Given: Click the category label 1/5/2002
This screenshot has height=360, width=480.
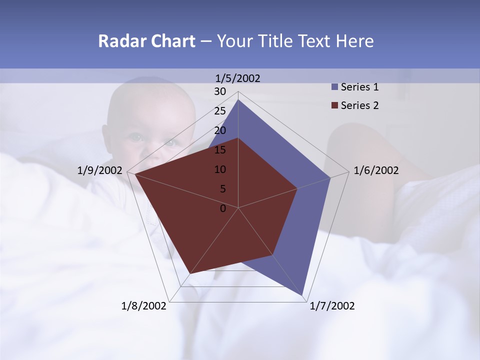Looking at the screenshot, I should click(237, 78).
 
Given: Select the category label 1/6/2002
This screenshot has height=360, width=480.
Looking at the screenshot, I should click(376, 170).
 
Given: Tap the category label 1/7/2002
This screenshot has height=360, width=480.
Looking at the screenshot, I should click(332, 306).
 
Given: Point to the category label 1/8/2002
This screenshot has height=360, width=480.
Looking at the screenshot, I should click(143, 306).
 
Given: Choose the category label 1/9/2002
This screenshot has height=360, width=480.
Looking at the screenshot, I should click(100, 170).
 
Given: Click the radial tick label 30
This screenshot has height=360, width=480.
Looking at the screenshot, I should click(220, 91).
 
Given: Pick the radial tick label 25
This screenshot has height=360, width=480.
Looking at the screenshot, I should click(220, 111).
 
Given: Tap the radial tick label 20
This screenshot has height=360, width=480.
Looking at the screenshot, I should click(220, 130).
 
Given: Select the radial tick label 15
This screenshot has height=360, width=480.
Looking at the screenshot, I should click(220, 150).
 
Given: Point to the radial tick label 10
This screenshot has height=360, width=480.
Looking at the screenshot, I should click(220, 169).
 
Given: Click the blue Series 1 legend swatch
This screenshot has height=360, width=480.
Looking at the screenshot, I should click(335, 87).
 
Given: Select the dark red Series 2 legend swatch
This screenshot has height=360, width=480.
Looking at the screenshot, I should click(335, 105).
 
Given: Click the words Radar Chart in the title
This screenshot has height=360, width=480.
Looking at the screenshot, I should click(146, 41).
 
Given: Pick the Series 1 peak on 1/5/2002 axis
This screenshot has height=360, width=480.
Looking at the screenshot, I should click(238, 100).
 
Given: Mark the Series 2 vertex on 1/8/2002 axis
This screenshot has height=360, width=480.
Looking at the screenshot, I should click(189, 274).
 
